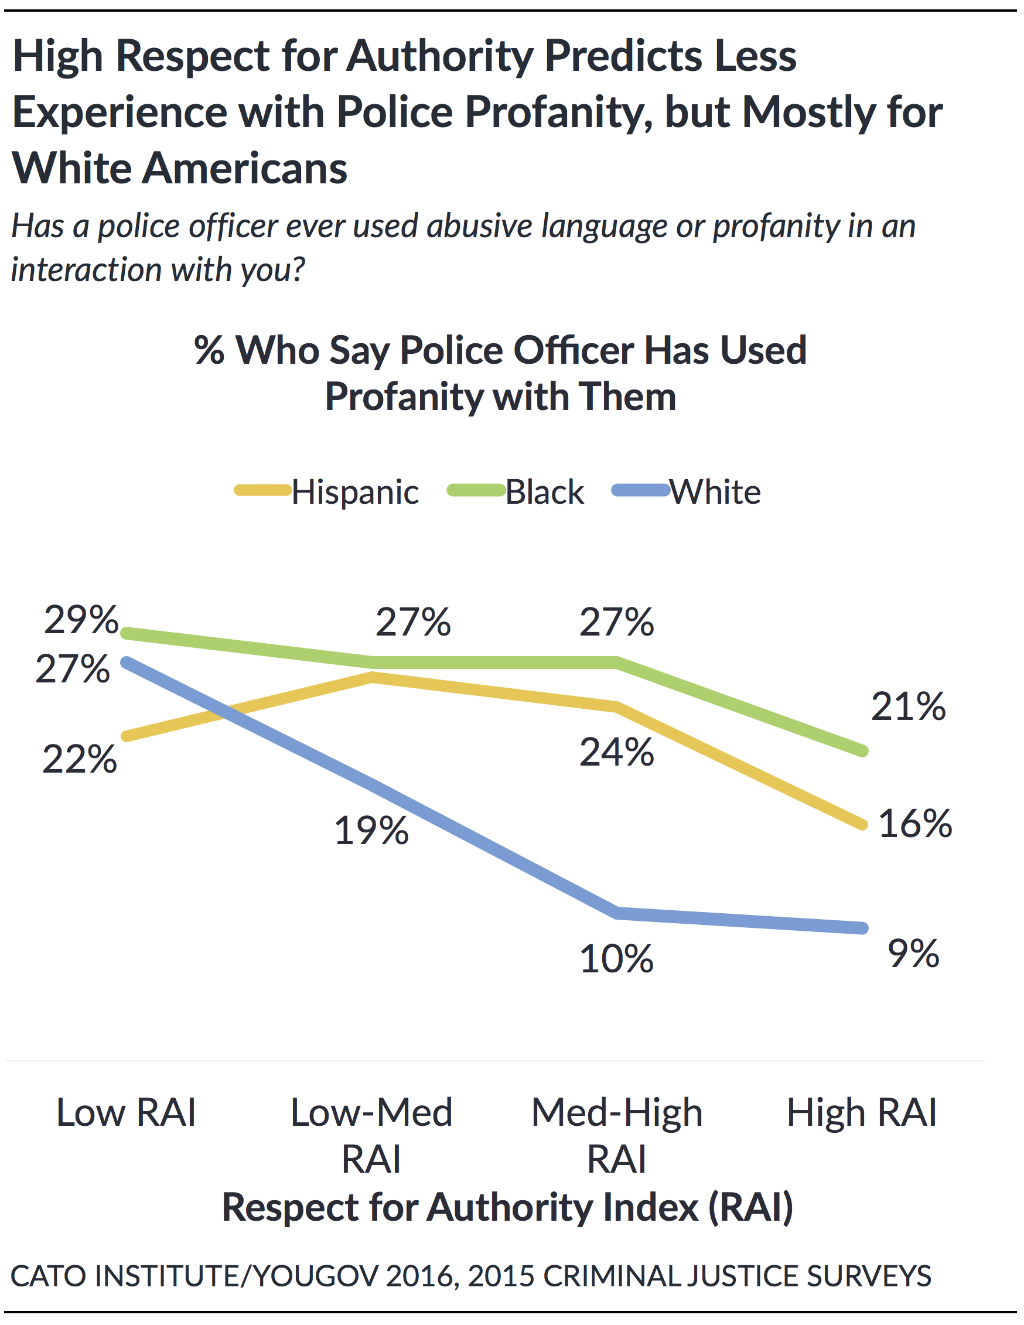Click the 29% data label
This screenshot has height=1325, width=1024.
click(81, 620)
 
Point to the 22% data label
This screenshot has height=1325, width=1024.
click(80, 759)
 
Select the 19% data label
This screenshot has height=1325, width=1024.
click(371, 831)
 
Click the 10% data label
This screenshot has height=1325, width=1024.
click(616, 959)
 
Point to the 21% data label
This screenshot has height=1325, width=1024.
click(908, 707)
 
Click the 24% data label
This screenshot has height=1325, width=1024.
click(616, 752)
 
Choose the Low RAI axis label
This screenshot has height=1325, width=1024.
click(126, 1113)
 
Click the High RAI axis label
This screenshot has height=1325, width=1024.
click(861, 1113)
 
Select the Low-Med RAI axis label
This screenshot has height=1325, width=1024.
click(371, 1135)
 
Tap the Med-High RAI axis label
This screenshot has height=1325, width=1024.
click(617, 1135)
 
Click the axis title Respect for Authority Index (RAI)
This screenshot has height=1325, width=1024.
click(508, 1207)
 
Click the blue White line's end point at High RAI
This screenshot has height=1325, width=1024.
click(863, 928)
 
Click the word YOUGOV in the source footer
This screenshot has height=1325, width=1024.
click(315, 1276)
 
